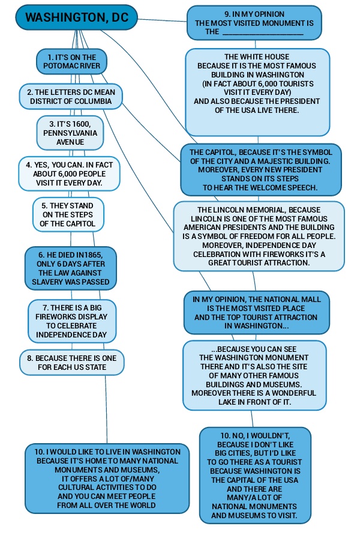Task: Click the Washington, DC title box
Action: [77, 17]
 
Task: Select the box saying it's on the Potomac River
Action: [71, 62]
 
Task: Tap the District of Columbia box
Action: [71, 97]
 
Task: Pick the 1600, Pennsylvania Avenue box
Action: [70, 133]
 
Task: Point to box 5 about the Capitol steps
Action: [68, 214]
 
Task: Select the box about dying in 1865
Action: [71, 268]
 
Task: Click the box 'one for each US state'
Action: [72, 362]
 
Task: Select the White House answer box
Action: [257, 92]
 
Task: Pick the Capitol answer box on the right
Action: [261, 170]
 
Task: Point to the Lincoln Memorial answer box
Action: [259, 237]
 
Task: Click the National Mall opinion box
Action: [257, 312]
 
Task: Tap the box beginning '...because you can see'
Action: [254, 375]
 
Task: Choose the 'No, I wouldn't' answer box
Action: [256, 474]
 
